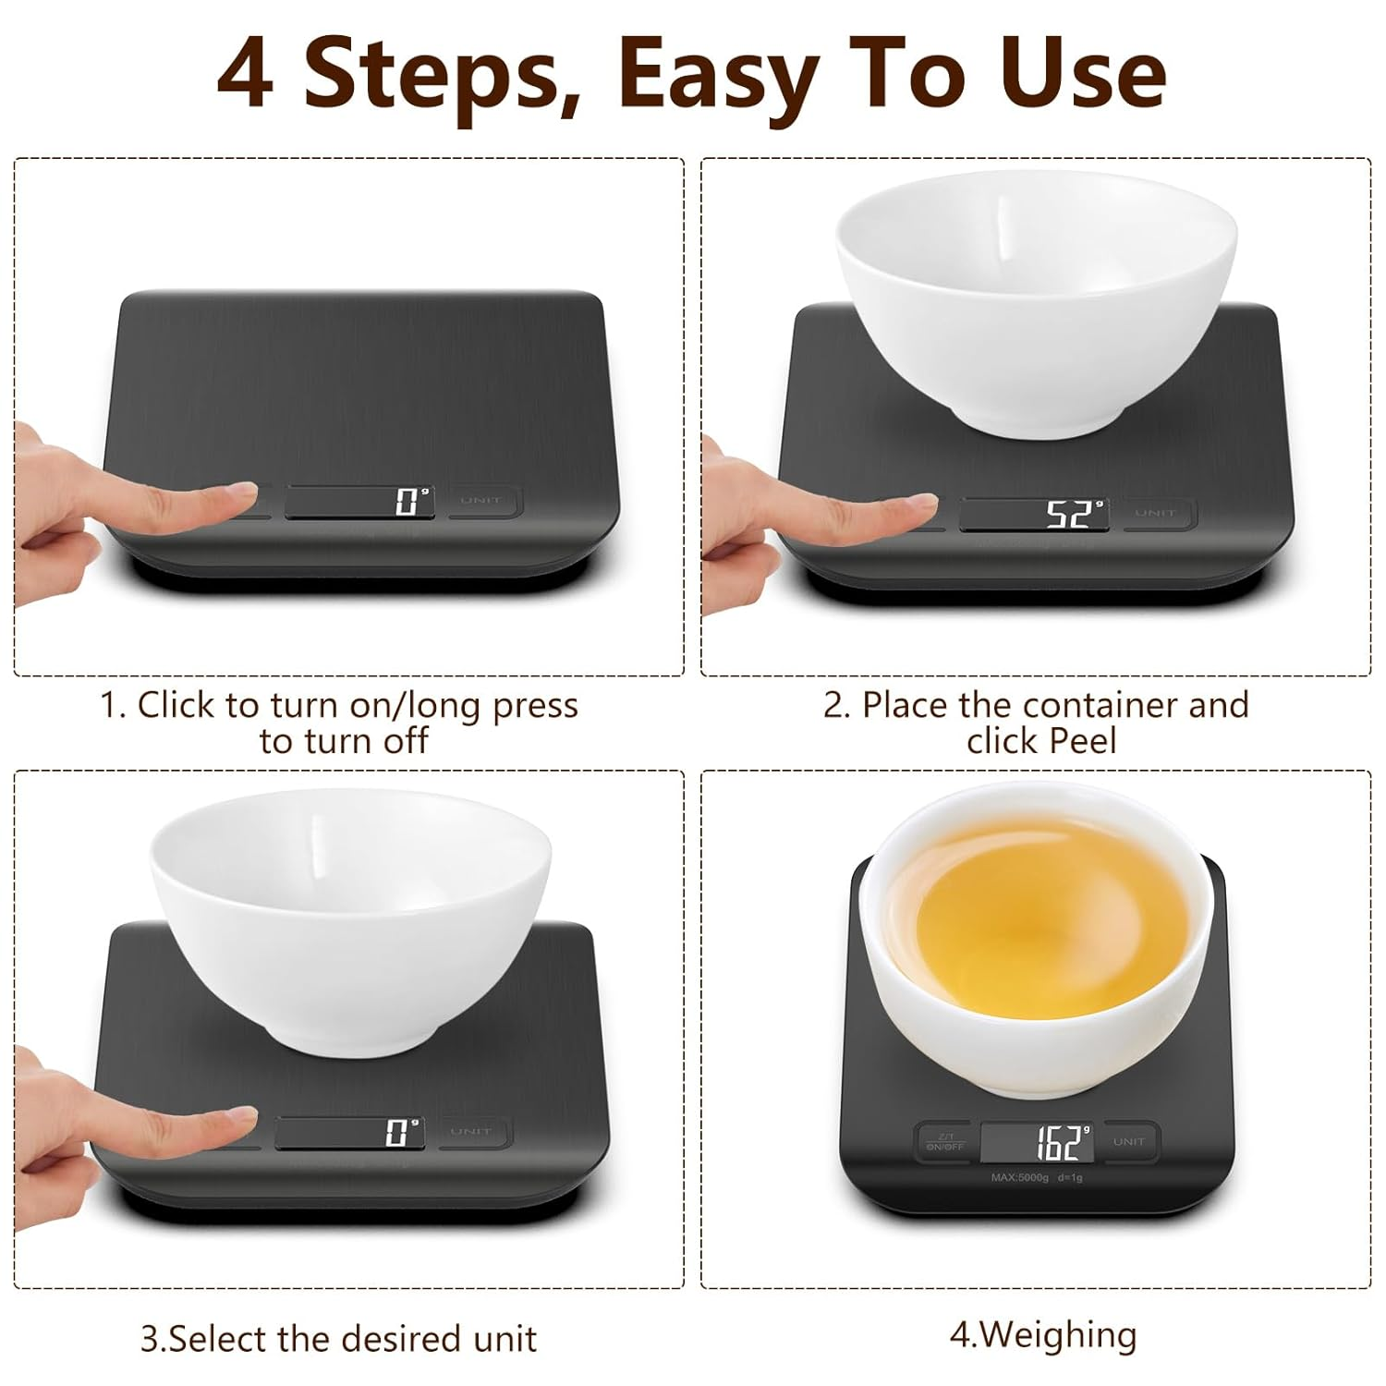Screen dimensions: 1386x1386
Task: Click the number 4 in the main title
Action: pos(245,75)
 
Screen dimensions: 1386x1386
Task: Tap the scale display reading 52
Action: pos(1033,514)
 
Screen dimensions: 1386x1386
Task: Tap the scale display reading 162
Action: pos(1037,1143)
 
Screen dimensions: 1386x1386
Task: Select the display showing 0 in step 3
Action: pos(350,1132)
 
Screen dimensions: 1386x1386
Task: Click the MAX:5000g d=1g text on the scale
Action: pos(1036,1178)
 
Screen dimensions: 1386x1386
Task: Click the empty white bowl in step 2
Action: pos(1035,296)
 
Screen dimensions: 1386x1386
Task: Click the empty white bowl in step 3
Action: pos(350,915)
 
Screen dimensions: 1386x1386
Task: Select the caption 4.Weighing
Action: pos(1043,1335)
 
